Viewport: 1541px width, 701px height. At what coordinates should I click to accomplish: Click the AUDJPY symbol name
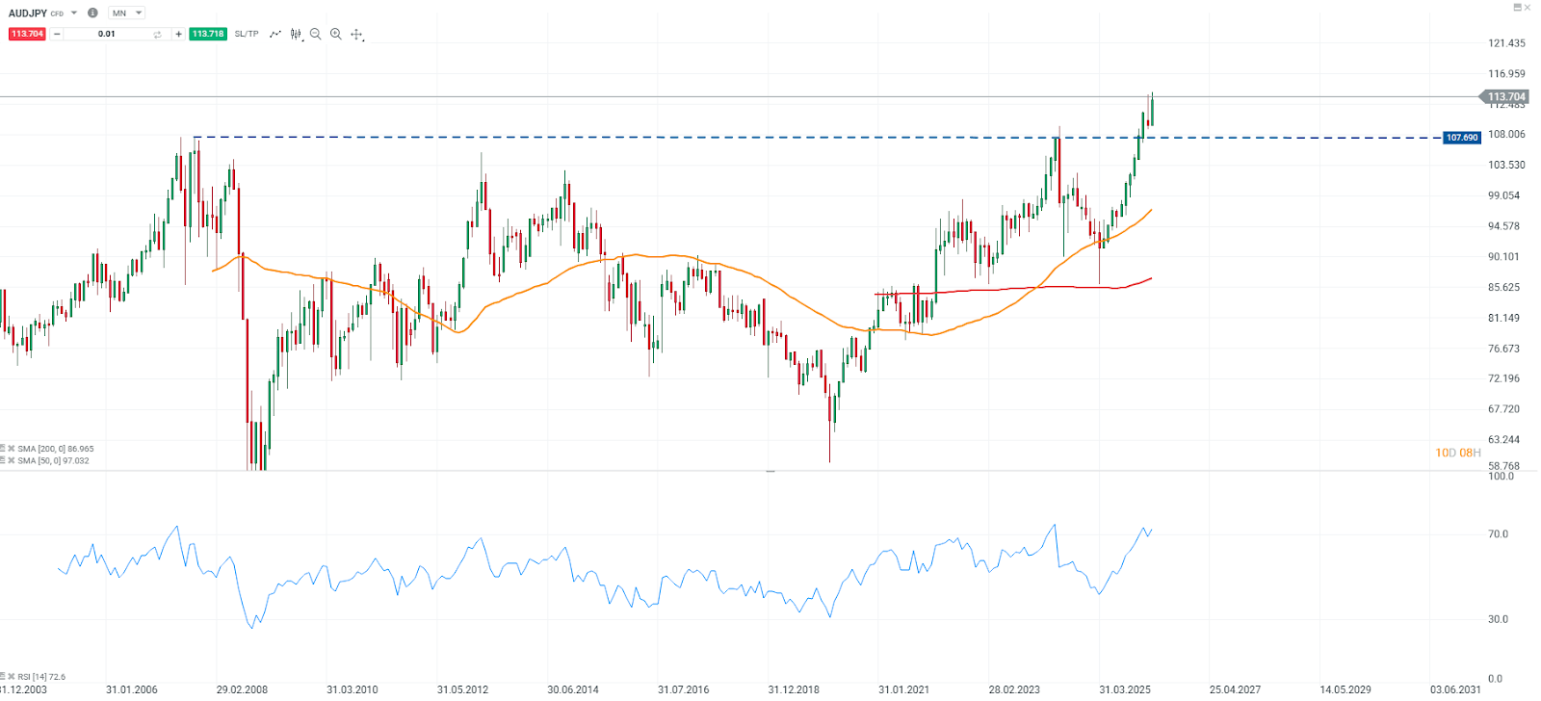(28, 13)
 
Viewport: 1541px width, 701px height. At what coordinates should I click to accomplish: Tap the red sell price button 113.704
(27, 34)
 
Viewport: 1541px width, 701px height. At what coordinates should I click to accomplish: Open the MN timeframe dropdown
(126, 13)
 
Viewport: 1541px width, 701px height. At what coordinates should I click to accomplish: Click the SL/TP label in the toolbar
(247, 34)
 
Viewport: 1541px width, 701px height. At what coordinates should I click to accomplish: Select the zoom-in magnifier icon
(336, 34)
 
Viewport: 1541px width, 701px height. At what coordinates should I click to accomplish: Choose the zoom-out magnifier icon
(315, 34)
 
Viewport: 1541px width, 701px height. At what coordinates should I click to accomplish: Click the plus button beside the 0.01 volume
(178, 34)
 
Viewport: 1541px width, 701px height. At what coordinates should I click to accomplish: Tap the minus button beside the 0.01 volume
(57, 34)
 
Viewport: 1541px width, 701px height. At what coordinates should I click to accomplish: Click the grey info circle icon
(92, 13)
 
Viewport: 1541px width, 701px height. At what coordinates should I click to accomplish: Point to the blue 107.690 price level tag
(1461, 138)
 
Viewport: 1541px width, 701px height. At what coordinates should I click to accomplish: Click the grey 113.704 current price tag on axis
(1505, 96)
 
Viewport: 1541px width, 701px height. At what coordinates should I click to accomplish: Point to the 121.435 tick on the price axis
(1506, 43)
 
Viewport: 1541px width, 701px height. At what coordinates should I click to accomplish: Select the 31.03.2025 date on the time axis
(1125, 689)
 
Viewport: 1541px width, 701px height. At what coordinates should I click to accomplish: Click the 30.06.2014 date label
(573, 689)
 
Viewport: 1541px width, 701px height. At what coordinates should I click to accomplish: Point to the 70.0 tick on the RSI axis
(1498, 534)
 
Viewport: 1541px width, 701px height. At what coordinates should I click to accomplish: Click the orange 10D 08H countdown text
(1457, 453)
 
